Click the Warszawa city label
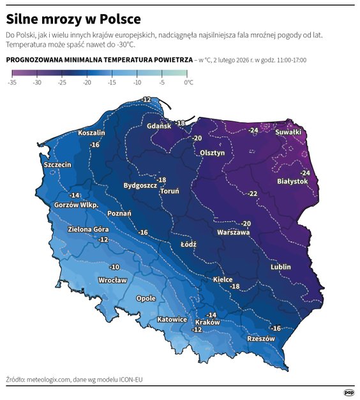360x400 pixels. pyautogui.click(x=233, y=233)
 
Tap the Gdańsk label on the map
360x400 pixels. pyautogui.click(x=159, y=127)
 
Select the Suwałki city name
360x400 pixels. pyautogui.click(x=288, y=132)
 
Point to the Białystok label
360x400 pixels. pyautogui.click(x=292, y=181)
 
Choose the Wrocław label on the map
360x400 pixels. pyautogui.click(x=112, y=280)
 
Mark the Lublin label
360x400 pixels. pyautogui.click(x=280, y=266)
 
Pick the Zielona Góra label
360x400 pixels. pyautogui.click(x=88, y=229)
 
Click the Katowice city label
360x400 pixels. pyautogui.click(x=172, y=319)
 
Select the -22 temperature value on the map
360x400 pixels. pyautogui.click(x=253, y=194)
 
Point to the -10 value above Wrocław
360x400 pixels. pyautogui.click(x=114, y=266)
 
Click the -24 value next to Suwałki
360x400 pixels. pyautogui.click(x=253, y=130)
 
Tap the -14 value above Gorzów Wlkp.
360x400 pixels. pyautogui.click(x=75, y=195)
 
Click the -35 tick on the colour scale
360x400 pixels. pyautogui.click(x=13, y=82)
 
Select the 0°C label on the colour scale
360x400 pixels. pyautogui.click(x=188, y=82)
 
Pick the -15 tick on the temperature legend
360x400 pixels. pyautogui.click(x=111, y=82)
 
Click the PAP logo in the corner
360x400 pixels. pyautogui.click(x=349, y=392)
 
